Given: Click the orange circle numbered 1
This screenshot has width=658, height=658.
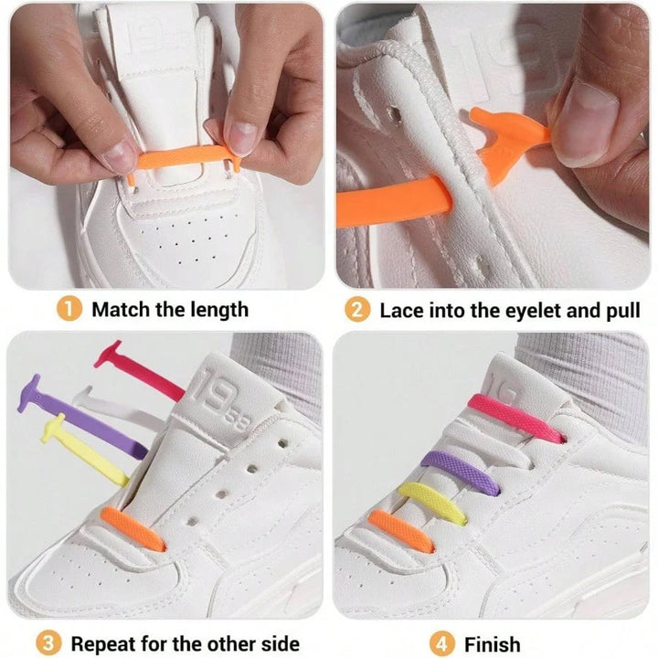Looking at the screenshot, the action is [69, 309].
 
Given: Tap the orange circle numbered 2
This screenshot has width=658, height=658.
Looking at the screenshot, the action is [357, 310].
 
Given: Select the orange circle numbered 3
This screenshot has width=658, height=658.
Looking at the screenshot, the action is [48, 643].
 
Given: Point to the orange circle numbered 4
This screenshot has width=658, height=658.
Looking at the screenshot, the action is [441, 643].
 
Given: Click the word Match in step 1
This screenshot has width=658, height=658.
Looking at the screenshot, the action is [122, 310].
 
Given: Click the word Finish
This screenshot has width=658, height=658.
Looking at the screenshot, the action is [492, 643].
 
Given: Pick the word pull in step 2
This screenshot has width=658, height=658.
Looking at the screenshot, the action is [622, 311].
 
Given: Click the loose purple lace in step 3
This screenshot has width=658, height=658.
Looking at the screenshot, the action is [82, 418].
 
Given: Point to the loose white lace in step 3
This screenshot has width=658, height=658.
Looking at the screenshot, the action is [113, 405].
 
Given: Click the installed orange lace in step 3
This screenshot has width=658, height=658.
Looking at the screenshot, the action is [133, 528].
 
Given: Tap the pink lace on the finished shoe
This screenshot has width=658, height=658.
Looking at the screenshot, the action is [515, 418].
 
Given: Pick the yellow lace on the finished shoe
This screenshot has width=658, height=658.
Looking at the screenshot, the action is [432, 504].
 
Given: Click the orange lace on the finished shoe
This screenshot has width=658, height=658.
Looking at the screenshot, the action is [400, 531].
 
